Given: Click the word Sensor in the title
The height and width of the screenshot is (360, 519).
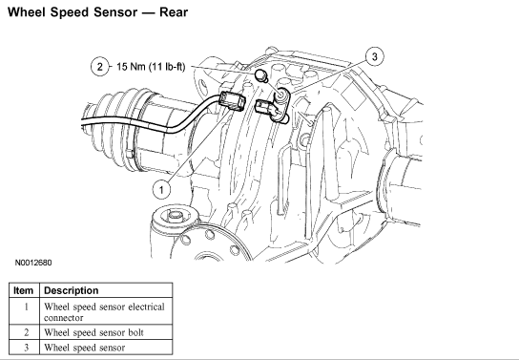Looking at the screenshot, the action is tap(115, 12).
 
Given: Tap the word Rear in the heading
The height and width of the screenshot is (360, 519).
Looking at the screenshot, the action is tap(174, 12).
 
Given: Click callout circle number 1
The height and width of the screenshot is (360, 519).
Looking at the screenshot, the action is tap(161, 190).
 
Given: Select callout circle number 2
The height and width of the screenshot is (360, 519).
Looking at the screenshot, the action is tap(100, 67).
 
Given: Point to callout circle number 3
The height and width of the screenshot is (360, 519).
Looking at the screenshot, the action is tap(374, 56).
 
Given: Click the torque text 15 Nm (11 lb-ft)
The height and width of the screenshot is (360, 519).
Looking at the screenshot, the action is tap(151, 67).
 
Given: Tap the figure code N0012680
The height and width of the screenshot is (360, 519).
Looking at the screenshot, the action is tap(33, 263).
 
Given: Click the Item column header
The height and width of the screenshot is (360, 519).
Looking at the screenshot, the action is tap(24, 290).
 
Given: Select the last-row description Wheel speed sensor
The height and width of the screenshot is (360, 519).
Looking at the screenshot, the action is tap(85, 348).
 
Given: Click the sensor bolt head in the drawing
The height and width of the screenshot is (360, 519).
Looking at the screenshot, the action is tap(260, 75).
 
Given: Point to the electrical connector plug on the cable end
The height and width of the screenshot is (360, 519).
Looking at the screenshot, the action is tap(233, 101).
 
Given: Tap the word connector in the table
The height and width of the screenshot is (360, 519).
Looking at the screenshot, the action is tap(64, 318).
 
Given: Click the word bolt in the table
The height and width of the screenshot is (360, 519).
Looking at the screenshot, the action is tap(136, 332).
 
